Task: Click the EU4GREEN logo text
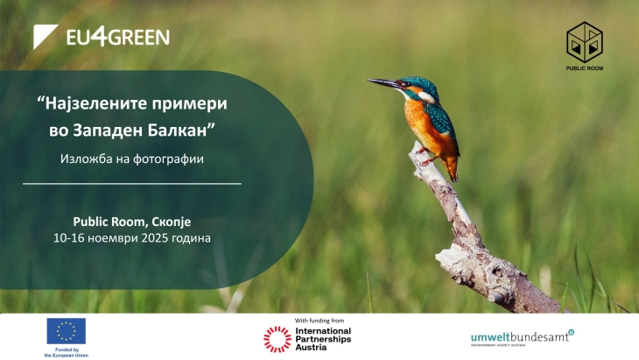point(118,37)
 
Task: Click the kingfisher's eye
point(408,85)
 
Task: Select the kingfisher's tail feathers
point(449,166)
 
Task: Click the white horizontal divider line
point(131,184)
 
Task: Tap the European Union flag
point(67,330)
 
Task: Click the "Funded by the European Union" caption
point(67,352)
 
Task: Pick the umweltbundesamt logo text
point(521,335)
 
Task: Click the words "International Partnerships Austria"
point(322,338)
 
